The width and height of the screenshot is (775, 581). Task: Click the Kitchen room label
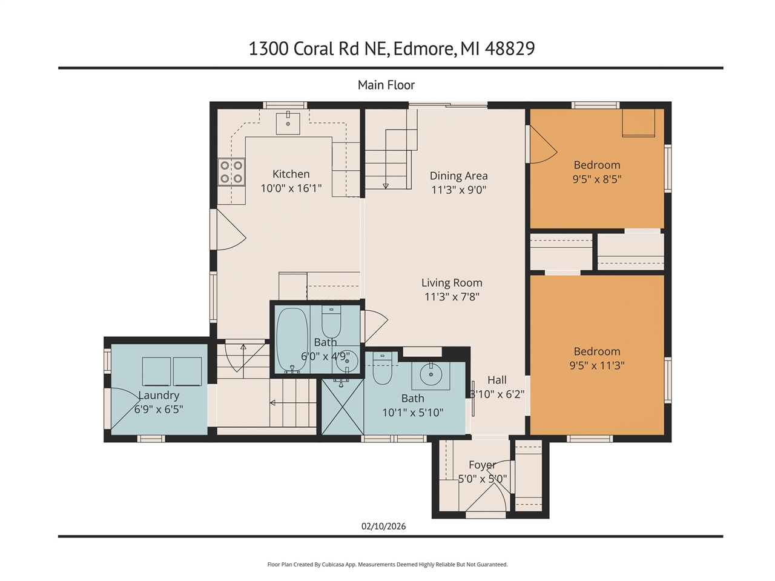click(x=291, y=174)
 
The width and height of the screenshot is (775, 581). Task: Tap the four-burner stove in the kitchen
click(x=231, y=171)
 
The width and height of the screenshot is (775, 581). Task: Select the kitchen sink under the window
click(x=288, y=123)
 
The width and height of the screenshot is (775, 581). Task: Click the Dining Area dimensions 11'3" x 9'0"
click(x=458, y=190)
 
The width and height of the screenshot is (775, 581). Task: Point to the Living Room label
click(x=452, y=282)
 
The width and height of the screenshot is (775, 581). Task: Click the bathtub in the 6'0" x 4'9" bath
click(x=292, y=341)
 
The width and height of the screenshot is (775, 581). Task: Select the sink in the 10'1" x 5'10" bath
click(x=431, y=374)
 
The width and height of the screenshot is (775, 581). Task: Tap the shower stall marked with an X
click(x=343, y=406)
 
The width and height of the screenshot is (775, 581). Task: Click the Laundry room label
click(x=159, y=395)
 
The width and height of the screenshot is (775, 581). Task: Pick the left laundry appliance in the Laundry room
click(x=157, y=371)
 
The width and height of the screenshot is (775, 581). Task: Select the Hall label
click(x=496, y=380)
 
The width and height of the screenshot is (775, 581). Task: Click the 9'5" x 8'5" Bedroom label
click(x=597, y=165)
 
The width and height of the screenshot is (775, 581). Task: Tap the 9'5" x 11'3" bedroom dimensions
click(x=597, y=365)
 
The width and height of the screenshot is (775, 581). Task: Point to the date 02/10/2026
click(x=383, y=526)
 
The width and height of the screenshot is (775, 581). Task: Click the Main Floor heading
click(x=386, y=85)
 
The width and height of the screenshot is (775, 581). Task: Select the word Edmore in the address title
click(x=424, y=48)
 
